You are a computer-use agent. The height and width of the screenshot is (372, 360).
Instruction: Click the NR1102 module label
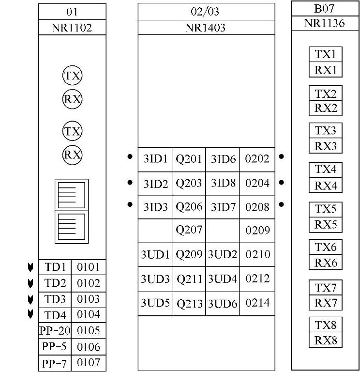pyautogui.click(x=72, y=28)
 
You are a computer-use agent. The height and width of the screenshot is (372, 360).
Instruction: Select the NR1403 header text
pyautogui.click(x=206, y=28)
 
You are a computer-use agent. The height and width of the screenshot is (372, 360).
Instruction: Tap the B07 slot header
pyautogui.click(x=325, y=8)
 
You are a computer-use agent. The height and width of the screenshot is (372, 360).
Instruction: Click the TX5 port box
pyautogui.click(x=326, y=209)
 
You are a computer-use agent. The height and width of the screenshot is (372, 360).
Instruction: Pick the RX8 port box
pyautogui.click(x=326, y=340)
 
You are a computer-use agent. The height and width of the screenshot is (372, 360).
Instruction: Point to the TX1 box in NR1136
pyautogui.click(x=326, y=54)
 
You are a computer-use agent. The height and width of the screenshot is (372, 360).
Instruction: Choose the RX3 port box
pyautogui.click(x=326, y=146)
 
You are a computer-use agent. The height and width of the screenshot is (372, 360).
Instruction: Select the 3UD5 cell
pyautogui.click(x=155, y=303)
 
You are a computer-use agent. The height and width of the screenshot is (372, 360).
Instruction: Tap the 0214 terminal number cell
pyautogui.click(x=257, y=303)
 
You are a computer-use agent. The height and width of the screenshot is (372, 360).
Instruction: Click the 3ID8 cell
pyautogui.click(x=223, y=183)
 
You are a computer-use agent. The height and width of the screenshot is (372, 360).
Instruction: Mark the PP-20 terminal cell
pyautogui.click(x=55, y=331)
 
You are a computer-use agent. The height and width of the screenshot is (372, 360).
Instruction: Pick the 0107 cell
pyautogui.click(x=88, y=363)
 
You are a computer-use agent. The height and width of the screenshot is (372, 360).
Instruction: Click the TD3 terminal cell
pyautogui.click(x=55, y=299)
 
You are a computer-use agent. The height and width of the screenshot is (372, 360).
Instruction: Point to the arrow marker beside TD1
pyautogui.click(x=30, y=267)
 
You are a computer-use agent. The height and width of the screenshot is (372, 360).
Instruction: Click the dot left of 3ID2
pyautogui.click(x=130, y=183)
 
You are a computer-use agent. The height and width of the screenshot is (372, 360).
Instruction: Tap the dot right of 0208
pyautogui.click(x=282, y=205)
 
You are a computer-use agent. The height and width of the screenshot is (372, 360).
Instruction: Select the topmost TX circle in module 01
pyautogui.click(x=72, y=76)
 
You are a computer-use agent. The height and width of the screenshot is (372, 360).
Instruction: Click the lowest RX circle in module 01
pyautogui.click(x=72, y=155)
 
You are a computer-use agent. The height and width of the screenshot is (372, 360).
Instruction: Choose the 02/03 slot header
pyautogui.click(x=206, y=12)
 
